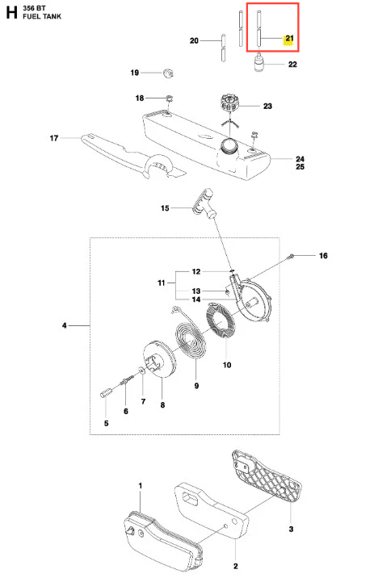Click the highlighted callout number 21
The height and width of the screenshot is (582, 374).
[289, 39]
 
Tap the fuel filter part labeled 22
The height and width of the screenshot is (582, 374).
[258, 63]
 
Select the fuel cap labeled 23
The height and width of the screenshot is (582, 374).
[229, 103]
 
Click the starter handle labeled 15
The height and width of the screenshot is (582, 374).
[204, 203]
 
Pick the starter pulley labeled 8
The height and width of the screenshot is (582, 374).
[159, 359]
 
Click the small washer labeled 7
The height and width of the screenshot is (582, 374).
[141, 370]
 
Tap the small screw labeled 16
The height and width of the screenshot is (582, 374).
[292, 255]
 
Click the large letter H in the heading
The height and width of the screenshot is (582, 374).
[11, 13]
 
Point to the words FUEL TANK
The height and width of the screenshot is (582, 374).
[42, 16]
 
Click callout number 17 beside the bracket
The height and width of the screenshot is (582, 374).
[54, 138]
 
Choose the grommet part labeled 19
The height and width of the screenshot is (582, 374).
[168, 73]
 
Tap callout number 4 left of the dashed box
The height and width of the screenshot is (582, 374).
[65, 325]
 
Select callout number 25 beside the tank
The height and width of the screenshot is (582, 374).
[300, 167]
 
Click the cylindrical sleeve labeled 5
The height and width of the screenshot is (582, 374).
[105, 392]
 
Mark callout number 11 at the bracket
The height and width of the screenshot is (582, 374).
[162, 283]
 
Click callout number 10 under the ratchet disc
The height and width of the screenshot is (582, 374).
[227, 365]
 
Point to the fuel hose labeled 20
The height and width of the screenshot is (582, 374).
[223, 48]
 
